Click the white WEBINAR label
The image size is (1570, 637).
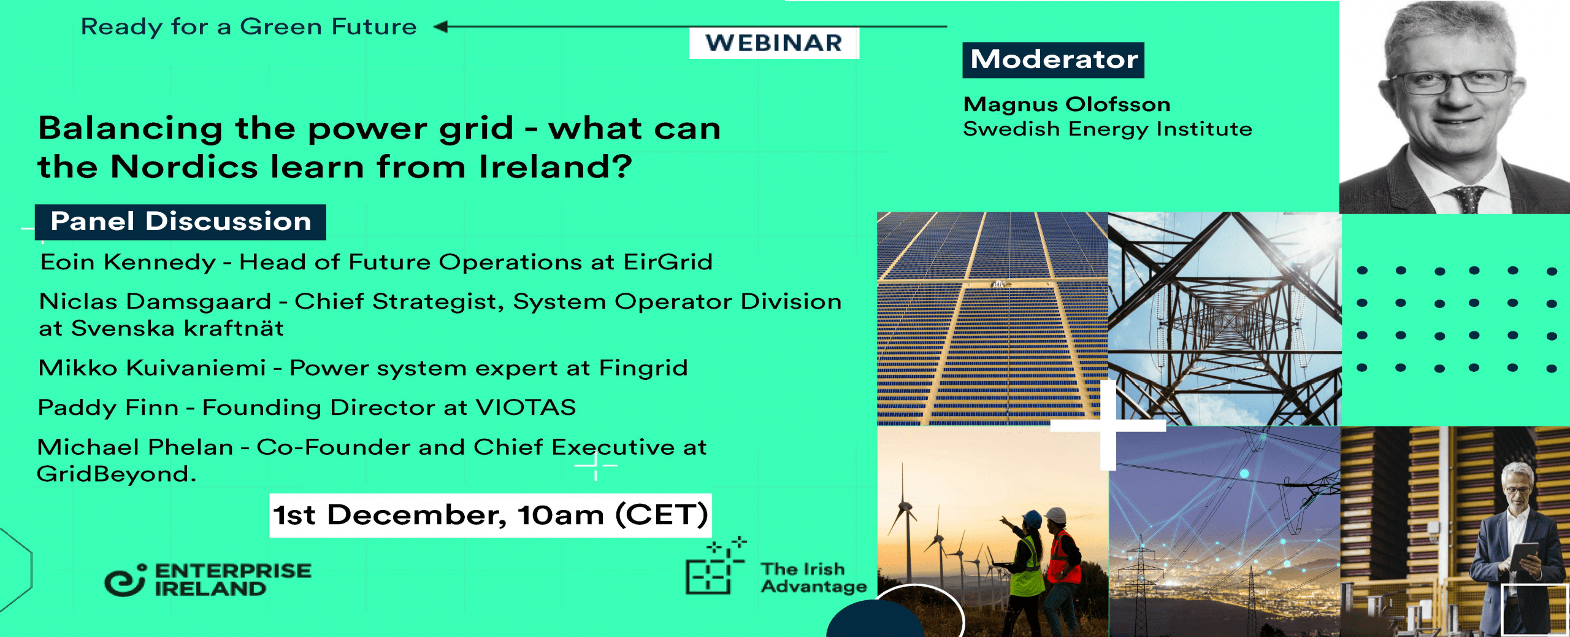pos(774,43)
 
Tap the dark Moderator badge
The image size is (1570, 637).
pos(1054,60)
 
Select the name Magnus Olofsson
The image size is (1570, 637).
pos(1067,104)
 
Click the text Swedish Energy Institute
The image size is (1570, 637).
pos(1108,129)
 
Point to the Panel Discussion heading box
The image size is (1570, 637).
pos(180,222)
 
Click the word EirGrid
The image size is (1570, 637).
pos(668,262)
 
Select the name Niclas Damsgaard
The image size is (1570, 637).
pos(155,301)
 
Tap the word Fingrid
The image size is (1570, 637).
pos(643,368)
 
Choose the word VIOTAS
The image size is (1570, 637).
pos(526,407)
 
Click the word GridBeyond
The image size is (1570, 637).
pos(116,474)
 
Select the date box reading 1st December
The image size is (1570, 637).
pos(491,515)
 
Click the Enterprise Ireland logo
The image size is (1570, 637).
pos(208,579)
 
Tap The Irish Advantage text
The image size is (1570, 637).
pos(814,578)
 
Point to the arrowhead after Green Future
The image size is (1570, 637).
pos(440,26)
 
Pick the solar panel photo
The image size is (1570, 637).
pos(992,318)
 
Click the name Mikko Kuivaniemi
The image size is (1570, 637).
pos(152,368)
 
